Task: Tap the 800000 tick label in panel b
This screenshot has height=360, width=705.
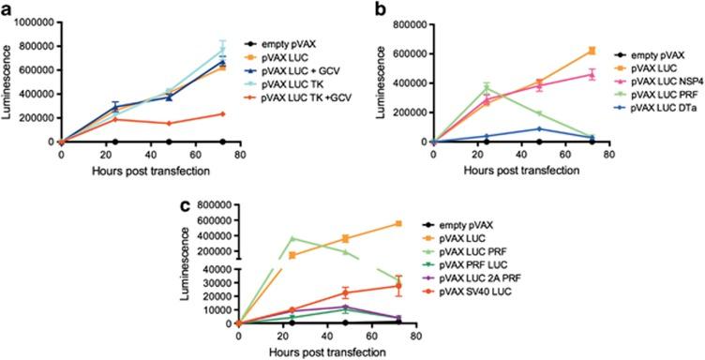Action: pos(404,23)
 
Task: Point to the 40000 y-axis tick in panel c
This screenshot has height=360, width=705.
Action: pos(214,267)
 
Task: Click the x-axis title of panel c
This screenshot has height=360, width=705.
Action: pos(326,352)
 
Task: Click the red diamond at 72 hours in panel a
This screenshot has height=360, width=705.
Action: pos(221,113)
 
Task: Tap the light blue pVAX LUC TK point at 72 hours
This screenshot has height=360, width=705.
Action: pos(221,51)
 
